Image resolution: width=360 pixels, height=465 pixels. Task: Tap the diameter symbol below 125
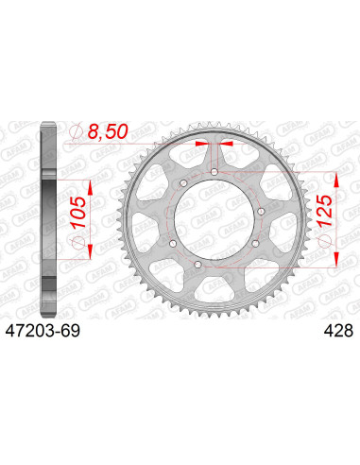324,244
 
